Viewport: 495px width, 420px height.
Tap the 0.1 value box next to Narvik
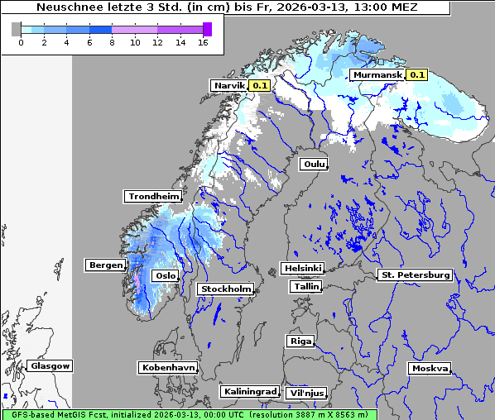point(260,85)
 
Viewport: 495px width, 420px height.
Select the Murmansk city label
point(377,75)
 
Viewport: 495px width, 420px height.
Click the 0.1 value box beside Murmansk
point(416,75)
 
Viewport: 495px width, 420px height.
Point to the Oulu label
point(314,165)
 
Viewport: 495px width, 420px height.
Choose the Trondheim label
point(153,196)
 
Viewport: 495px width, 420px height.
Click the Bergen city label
point(104,265)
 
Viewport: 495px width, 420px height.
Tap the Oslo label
point(166,275)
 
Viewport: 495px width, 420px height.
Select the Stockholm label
point(225,289)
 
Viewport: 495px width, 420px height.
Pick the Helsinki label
point(302,269)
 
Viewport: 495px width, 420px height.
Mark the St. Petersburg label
point(414,274)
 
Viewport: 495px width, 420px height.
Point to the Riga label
point(300,341)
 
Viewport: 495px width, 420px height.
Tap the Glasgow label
point(50,365)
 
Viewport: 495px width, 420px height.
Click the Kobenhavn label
point(168,367)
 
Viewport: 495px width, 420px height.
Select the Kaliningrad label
point(248,391)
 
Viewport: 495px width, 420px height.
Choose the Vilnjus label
point(305,394)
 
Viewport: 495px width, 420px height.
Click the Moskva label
point(430,369)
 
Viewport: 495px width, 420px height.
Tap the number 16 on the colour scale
point(202,42)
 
